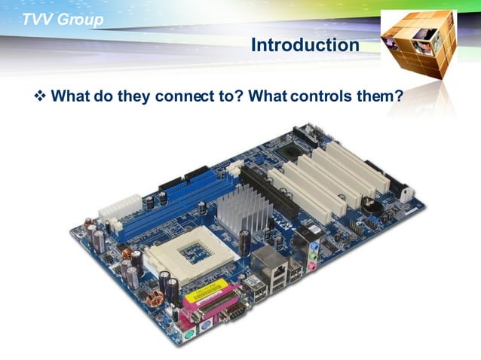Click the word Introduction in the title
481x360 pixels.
coord(305,45)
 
